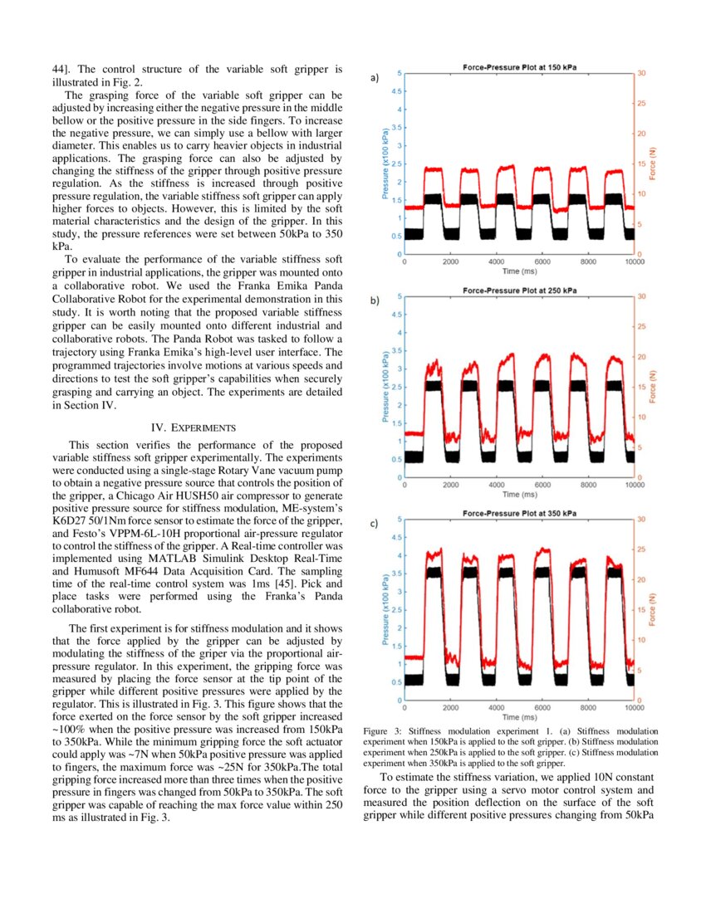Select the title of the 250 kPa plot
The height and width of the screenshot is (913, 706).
point(519,290)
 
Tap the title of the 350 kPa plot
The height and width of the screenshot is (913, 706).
point(519,513)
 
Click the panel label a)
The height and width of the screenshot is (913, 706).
point(375,78)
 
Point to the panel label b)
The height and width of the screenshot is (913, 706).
point(375,301)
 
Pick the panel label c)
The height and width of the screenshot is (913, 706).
point(375,524)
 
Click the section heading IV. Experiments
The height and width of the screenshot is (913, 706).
point(194,427)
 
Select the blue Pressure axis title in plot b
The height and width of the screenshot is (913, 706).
point(386,387)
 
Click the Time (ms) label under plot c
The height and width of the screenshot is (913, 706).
point(519,717)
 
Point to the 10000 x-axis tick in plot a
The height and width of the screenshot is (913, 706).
point(634,262)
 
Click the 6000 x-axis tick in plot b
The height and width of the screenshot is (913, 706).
point(542,486)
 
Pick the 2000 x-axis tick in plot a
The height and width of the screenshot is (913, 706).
point(450,262)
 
